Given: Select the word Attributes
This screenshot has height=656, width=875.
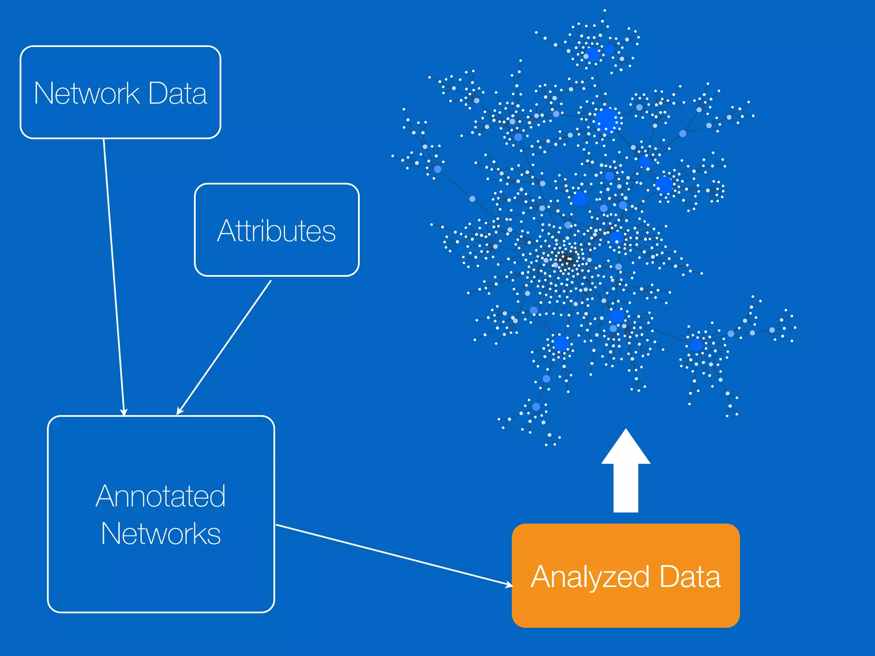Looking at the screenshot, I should [276, 231].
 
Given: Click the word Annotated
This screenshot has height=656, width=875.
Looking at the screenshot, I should [161, 496].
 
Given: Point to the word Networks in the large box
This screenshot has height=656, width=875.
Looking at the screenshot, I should [161, 534].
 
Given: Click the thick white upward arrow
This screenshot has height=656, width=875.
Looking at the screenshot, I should [625, 478].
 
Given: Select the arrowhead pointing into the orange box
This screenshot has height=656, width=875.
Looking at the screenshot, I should [509, 584].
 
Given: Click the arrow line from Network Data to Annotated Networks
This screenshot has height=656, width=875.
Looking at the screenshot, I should [113, 273].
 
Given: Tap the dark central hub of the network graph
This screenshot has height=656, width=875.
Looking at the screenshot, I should [568, 259].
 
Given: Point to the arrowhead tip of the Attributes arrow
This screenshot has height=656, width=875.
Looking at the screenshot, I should [178, 413].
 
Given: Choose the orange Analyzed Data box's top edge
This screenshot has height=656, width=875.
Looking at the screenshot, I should [625, 524].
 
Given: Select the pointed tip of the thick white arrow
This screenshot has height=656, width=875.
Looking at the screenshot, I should [625, 430].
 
